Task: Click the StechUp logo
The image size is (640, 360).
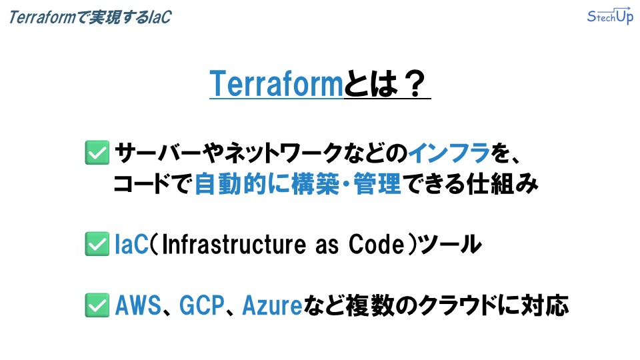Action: point(610,16)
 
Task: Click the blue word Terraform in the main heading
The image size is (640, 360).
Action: point(276,84)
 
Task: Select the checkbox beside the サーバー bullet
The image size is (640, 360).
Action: point(97,153)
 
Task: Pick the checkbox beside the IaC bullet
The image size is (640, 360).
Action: point(97,244)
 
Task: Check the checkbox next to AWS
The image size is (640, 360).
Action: point(97,305)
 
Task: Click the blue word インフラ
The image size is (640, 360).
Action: point(449,153)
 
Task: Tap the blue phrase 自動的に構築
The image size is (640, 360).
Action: point(267,184)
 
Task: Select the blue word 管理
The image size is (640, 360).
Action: point(377,184)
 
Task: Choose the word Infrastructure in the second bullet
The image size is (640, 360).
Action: point(233,245)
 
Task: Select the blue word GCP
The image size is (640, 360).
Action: point(202,306)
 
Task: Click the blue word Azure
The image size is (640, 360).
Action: point(272,306)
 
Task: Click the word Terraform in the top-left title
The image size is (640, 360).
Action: point(43,17)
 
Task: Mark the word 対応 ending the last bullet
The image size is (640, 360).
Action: point(545,306)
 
